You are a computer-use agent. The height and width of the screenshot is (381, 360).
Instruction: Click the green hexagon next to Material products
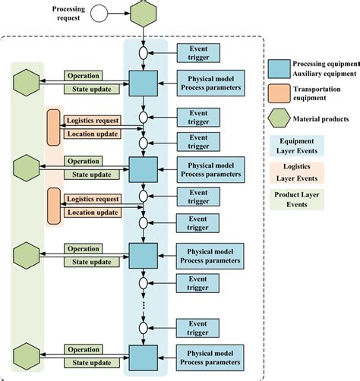(x=280, y=118)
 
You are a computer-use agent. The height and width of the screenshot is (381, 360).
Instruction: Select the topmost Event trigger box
(x=199, y=52)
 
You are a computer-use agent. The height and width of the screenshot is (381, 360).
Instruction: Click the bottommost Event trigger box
(x=199, y=328)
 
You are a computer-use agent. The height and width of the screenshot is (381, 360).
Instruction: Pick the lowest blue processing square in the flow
(x=143, y=356)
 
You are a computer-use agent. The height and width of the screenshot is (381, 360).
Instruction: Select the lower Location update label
(x=92, y=213)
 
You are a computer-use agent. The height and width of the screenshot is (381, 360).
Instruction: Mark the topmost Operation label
(x=83, y=76)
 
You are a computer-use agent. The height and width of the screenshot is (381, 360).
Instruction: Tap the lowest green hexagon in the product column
(x=27, y=356)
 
